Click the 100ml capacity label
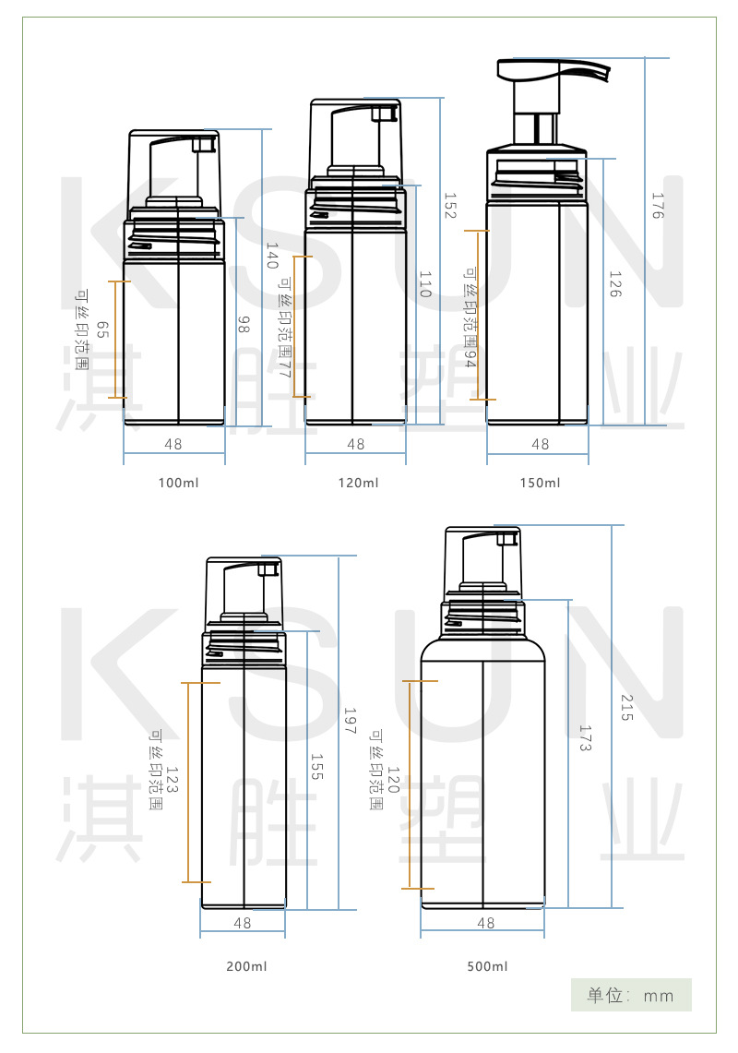179,483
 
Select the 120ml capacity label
359,483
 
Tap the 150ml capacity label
540,483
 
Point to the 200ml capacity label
246,966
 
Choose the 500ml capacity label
487,966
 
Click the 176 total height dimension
658,206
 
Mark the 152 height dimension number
450,206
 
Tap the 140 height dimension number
272,256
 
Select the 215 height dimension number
626,708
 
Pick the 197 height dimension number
350,721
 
